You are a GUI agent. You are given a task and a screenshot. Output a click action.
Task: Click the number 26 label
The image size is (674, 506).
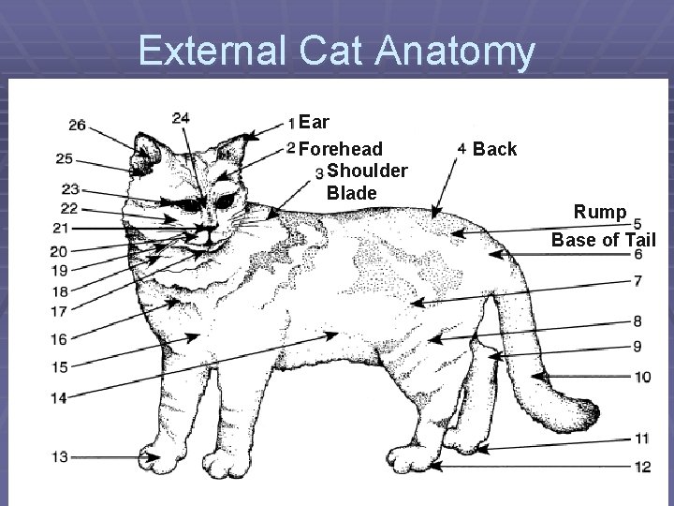pos(78,125)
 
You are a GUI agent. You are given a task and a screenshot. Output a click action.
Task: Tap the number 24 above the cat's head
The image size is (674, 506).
pos(182,118)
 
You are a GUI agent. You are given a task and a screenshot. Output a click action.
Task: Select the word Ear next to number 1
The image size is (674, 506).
pos(317,123)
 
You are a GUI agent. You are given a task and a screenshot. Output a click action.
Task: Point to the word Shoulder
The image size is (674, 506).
pos(367,171)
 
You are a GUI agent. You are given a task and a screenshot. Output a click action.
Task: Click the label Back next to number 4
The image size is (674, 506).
pos(495,149)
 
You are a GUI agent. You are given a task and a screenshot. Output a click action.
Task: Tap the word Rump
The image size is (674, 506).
pos(601,212)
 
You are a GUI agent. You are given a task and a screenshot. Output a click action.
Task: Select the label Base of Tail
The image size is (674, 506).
pos(604,240)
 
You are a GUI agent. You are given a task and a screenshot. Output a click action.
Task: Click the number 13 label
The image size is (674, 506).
pos(59,456)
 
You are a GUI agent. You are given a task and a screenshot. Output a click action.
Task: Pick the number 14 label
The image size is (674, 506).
pos(59,399)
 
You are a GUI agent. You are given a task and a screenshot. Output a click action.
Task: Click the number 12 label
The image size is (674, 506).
pos(642,466)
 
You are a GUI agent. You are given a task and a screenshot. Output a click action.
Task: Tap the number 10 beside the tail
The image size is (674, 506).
pos(642,377)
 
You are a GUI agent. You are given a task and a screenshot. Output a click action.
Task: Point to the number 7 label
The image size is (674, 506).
pos(637,280)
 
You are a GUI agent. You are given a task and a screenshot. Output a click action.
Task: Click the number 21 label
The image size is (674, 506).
pos(61,228)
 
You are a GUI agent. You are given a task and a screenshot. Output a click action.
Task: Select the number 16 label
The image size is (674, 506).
pos(59,339)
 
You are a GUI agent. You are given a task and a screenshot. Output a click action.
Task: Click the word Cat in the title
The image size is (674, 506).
pos(335,52)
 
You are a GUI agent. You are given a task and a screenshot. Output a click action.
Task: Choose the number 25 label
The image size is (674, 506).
pos(65,158)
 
